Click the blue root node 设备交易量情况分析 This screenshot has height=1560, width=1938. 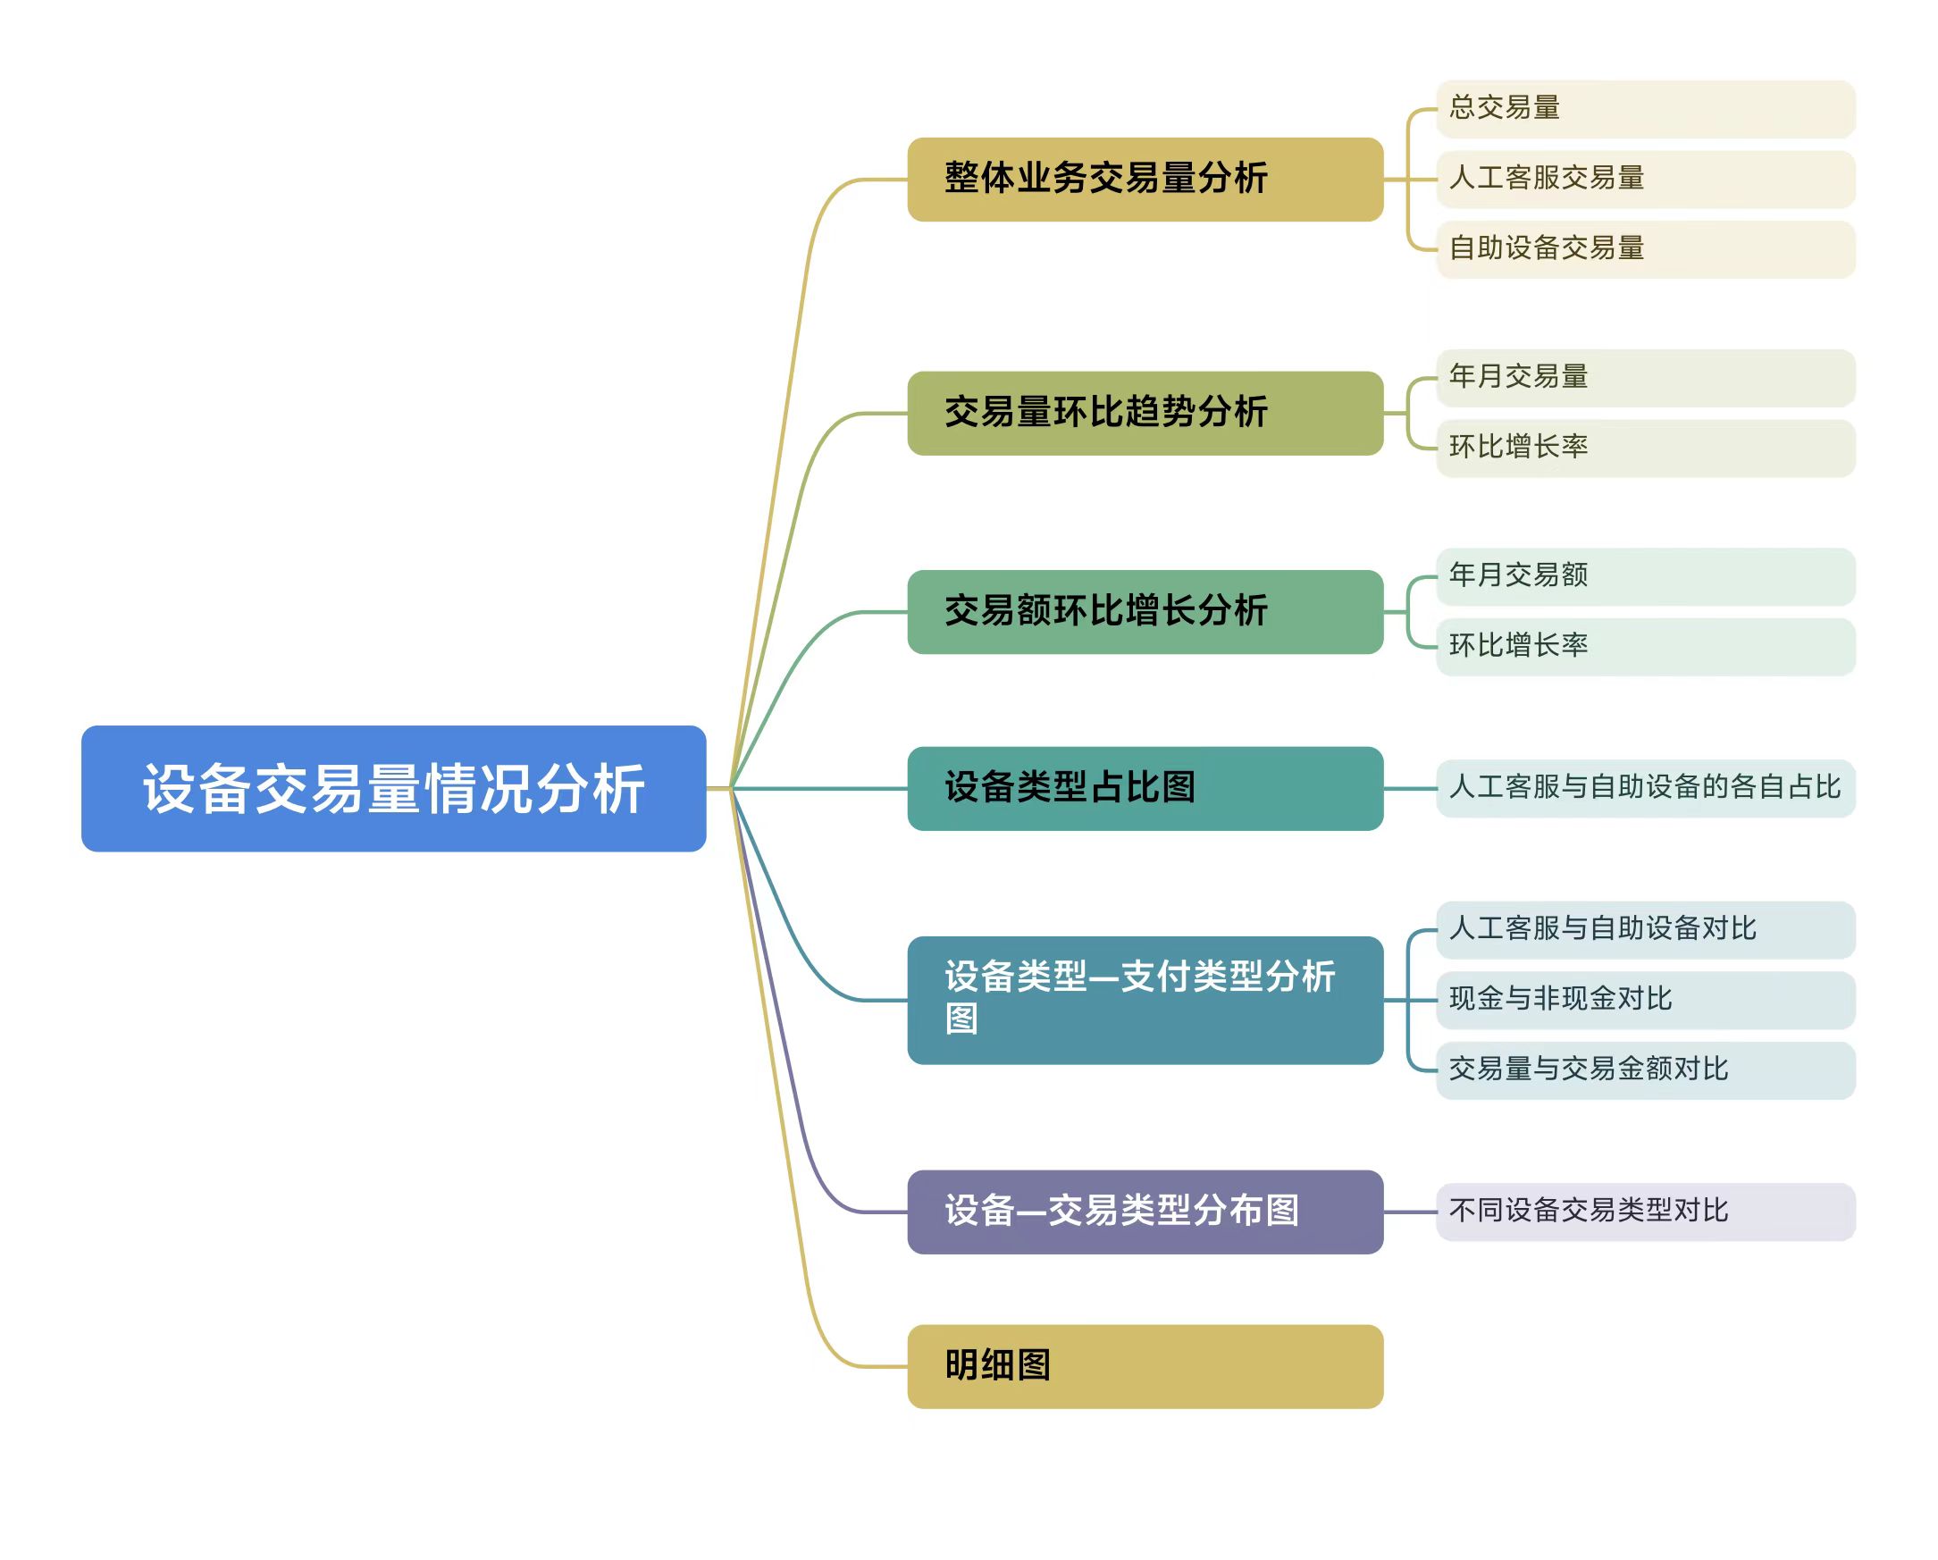tap(394, 788)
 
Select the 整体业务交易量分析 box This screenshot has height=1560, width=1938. tap(1145, 179)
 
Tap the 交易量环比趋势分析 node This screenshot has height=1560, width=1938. tap(1145, 413)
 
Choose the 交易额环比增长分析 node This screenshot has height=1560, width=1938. tap(1145, 611)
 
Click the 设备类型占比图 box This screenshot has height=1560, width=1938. tap(1145, 788)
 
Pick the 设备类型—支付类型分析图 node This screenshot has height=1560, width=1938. tap(1145, 999)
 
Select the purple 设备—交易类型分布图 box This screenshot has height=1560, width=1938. tap(1145, 1211)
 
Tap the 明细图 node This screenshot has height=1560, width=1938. tap(1145, 1365)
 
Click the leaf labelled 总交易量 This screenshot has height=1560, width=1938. tap(1645, 109)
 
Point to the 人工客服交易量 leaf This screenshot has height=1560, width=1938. tap(1645, 179)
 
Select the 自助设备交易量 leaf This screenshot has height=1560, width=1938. tap(1645, 249)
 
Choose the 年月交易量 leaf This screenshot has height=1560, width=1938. tap(1645, 377)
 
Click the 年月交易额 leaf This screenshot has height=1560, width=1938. tap(1645, 576)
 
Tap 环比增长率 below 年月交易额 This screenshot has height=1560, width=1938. tap(1645, 646)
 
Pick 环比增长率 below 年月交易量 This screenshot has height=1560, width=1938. tap(1645, 448)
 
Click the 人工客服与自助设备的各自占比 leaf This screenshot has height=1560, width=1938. tap(1645, 788)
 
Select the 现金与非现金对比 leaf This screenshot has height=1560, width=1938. tap(1645, 999)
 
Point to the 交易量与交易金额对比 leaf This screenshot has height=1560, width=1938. tap(1645, 1069)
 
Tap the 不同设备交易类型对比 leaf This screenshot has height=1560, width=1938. tap(1645, 1211)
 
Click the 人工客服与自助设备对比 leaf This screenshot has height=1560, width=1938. tap(1645, 929)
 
